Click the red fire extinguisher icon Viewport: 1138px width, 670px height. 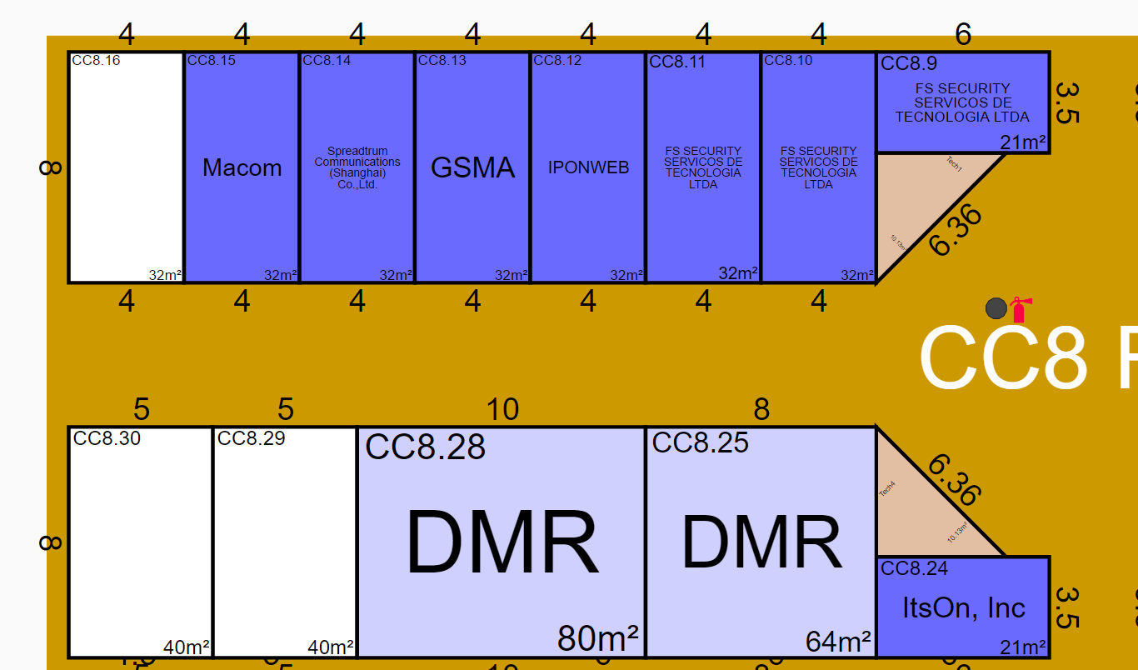click(1020, 309)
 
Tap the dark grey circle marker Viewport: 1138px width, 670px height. click(996, 308)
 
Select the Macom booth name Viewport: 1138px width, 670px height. click(242, 167)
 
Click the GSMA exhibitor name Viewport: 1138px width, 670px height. click(472, 167)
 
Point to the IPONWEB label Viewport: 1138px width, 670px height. click(588, 167)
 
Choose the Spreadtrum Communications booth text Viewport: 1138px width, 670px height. click(357, 167)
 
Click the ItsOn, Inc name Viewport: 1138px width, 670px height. click(964, 607)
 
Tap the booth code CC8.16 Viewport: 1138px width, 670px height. click(96, 60)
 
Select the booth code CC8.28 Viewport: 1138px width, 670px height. click(425, 447)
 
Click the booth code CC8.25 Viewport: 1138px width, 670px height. click(700, 442)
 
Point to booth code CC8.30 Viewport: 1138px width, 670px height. click(107, 438)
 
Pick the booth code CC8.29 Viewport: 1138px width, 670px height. click(251, 438)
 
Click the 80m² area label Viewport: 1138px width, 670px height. click(597, 638)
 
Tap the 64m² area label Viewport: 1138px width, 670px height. click(838, 642)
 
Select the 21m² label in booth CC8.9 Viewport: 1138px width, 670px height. click(1023, 142)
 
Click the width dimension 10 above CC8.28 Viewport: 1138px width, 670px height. click(502, 409)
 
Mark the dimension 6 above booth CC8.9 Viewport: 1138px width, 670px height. click(963, 34)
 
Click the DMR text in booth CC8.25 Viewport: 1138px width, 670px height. click(761, 543)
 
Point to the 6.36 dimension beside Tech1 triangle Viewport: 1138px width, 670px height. click(955, 230)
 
